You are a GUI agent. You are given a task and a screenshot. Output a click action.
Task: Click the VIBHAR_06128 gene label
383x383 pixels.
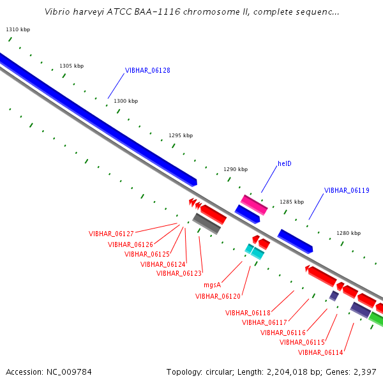pos(147,70)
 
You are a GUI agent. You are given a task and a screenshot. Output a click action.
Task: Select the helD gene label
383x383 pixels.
pos(285,163)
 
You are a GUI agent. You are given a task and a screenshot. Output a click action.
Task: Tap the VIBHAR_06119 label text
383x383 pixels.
pos(347,190)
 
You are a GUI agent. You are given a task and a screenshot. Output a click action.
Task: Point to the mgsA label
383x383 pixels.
pos(213,285)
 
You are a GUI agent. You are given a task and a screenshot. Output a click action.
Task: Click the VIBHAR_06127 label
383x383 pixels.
pos(111,234)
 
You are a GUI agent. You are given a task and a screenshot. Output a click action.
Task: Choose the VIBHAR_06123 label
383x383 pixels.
pos(179,273)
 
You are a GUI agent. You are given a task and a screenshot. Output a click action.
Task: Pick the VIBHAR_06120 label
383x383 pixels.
pos(218,296)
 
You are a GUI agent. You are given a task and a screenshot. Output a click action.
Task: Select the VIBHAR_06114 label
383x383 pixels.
pos(320,352)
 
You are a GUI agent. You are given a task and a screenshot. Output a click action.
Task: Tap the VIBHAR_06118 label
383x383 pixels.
pos(248,313)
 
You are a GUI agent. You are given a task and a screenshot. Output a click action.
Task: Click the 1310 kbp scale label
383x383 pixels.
pos(18,29)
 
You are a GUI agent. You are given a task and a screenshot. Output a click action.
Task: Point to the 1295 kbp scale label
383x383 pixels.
pos(181,135)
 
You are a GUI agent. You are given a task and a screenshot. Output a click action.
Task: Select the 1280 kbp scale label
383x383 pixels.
pos(349,233)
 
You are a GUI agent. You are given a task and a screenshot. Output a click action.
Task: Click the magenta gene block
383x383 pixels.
pos(254,205)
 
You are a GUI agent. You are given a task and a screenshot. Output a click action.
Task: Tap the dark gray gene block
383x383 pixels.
pos(207,223)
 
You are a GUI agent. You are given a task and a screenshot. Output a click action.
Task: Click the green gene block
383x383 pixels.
pos(376,319)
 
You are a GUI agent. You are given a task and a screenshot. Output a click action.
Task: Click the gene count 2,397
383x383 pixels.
pos(365,372)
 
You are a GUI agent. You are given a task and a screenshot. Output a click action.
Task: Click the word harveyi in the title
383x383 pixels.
pos(89,11)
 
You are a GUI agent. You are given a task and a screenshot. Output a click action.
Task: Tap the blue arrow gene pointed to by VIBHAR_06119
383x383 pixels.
pos(295,241)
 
